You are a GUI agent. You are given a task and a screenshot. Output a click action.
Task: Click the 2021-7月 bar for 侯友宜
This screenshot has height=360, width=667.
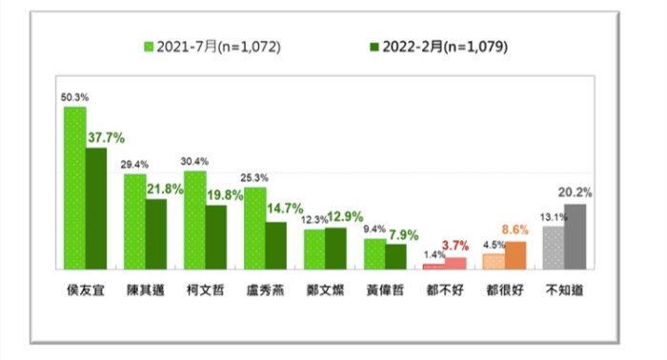pos(74,188)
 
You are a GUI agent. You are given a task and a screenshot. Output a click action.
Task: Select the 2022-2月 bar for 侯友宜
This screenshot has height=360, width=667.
pos(95,208)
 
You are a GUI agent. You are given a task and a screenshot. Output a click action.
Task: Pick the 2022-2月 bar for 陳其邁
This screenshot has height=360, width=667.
pos(155,233)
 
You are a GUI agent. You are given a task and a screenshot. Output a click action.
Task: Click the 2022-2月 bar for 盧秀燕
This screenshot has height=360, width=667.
pos(275,245)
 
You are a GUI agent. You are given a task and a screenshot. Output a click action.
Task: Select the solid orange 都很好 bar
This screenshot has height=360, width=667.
pos(515,254)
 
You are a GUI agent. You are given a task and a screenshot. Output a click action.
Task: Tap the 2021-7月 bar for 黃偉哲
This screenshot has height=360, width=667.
pos(374,253)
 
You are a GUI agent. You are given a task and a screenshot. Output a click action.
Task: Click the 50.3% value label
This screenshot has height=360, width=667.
pos(72,97)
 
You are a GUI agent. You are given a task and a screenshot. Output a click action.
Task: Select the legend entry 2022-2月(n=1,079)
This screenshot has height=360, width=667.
pos(435,46)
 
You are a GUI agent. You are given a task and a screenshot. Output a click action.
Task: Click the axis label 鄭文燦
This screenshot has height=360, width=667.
pos(323,286)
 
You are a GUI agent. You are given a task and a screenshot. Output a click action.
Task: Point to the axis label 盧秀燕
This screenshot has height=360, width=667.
pos(263,286)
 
